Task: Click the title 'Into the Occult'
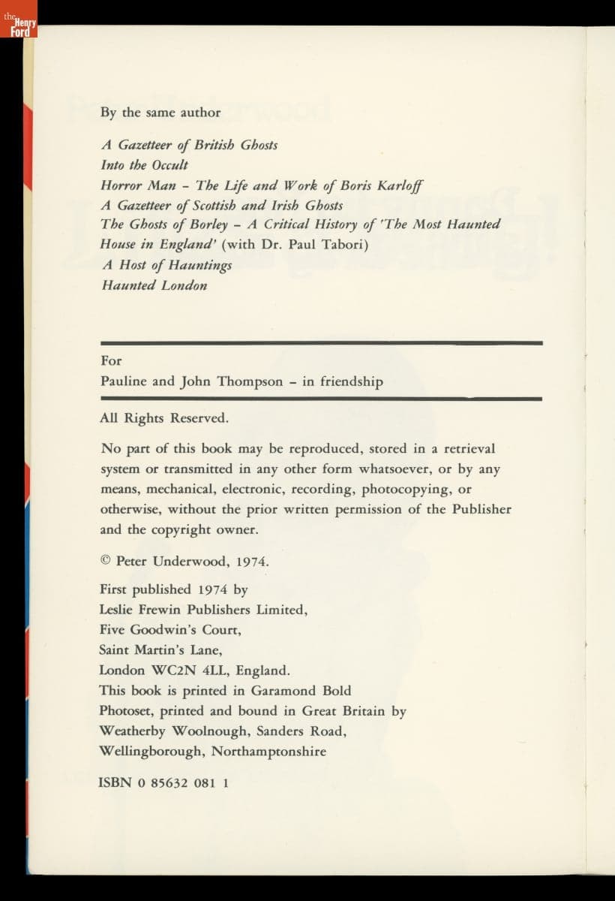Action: pos(144,165)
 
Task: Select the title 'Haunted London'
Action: pos(154,285)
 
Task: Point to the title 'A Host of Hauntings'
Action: pos(166,265)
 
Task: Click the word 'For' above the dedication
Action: pos(110,360)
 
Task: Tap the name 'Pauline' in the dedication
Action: pos(124,381)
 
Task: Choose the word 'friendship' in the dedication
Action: pos(351,381)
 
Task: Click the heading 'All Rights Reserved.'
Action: pos(164,419)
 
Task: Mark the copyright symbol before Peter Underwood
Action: pos(106,561)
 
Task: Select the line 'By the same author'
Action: pos(160,113)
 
